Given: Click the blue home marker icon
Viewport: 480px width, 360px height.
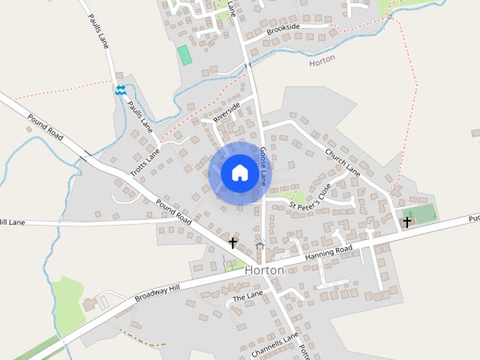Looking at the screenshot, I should click(239, 173).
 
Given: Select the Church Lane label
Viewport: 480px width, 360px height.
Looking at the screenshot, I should click(343, 160).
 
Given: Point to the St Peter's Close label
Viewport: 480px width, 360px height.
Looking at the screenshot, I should click(310, 196).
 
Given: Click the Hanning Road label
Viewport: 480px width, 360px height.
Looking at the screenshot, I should click(328, 253).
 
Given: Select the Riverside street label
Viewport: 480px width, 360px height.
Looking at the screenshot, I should click(226, 112).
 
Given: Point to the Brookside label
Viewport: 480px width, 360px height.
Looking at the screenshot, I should click(283, 28).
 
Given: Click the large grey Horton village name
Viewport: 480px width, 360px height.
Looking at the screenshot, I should click(264, 270).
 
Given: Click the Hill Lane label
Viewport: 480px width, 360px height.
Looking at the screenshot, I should click(13, 222).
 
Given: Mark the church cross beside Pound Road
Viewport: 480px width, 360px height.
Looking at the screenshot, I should click(232, 243).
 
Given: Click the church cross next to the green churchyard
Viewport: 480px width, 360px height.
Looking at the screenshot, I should click(407, 222).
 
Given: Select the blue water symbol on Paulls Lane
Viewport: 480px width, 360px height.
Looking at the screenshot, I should click(121, 90).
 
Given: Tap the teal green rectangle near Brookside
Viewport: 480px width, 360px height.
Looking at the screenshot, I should click(184, 55).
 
